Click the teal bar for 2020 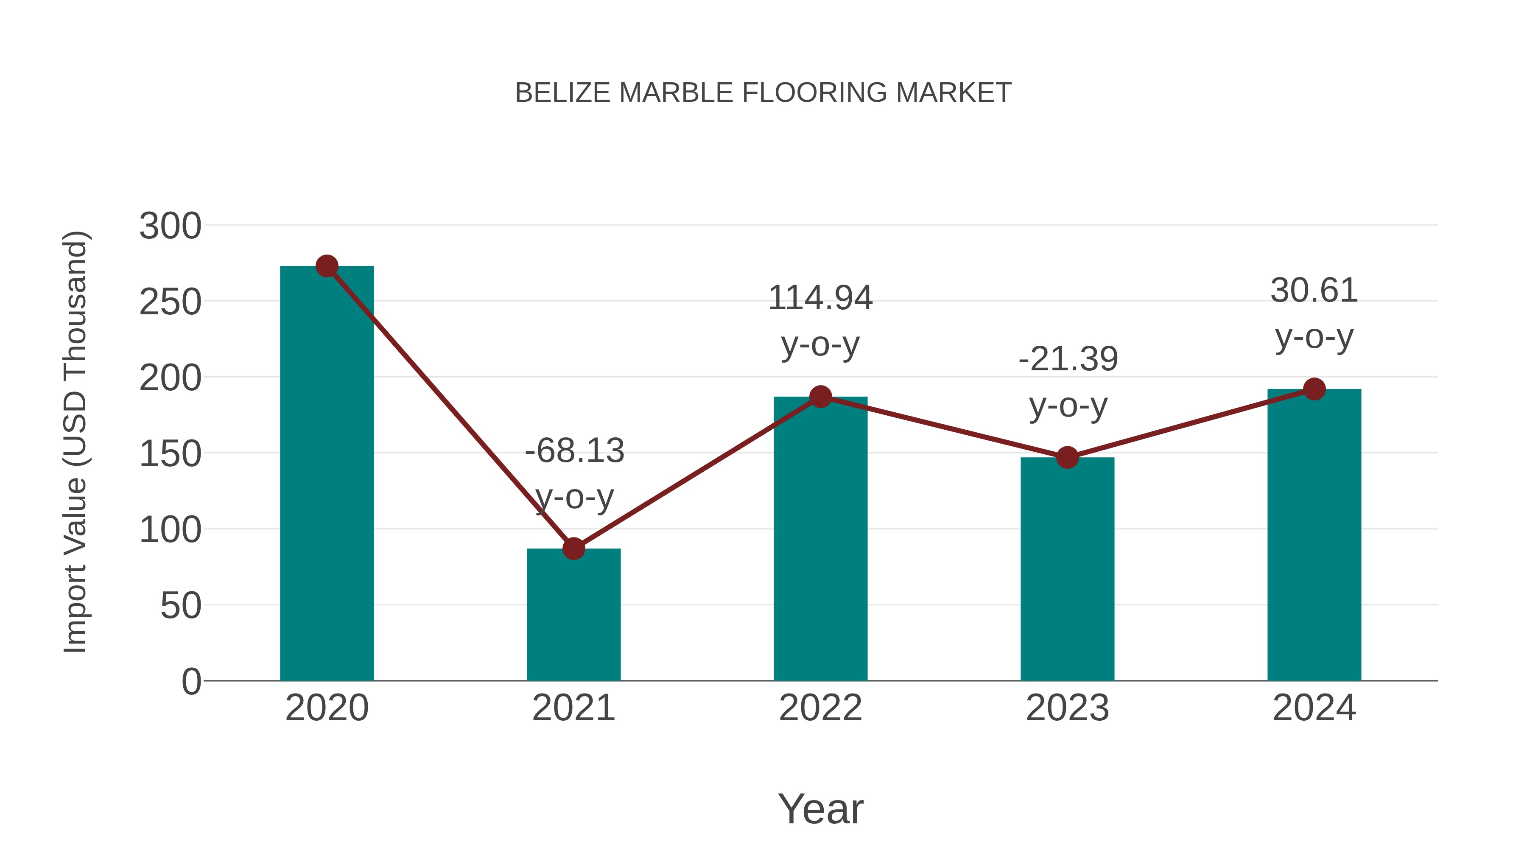click(x=327, y=474)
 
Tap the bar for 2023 click(x=1067, y=569)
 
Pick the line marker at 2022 click(x=820, y=397)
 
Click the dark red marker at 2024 click(x=1314, y=389)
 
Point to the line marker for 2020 click(x=327, y=266)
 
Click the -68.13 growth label click(x=574, y=450)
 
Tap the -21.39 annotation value click(x=1068, y=359)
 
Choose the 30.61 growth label click(x=1314, y=291)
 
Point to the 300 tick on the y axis click(x=170, y=227)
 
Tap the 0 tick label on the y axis click(x=191, y=682)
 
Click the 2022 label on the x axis click(x=820, y=708)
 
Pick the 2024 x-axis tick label click(x=1314, y=708)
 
